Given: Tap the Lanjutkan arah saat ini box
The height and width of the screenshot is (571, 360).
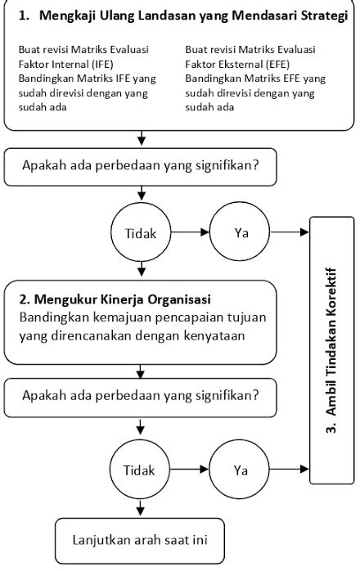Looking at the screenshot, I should (x=139, y=541).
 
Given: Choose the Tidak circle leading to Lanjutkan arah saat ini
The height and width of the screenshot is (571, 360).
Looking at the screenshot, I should (x=139, y=470).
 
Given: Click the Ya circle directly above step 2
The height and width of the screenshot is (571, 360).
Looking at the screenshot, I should (x=241, y=232).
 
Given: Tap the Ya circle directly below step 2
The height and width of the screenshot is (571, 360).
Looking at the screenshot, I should (x=241, y=470).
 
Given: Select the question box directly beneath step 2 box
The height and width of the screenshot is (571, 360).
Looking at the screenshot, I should (x=142, y=397).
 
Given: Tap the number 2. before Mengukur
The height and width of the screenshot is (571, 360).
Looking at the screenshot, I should (x=23, y=299).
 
